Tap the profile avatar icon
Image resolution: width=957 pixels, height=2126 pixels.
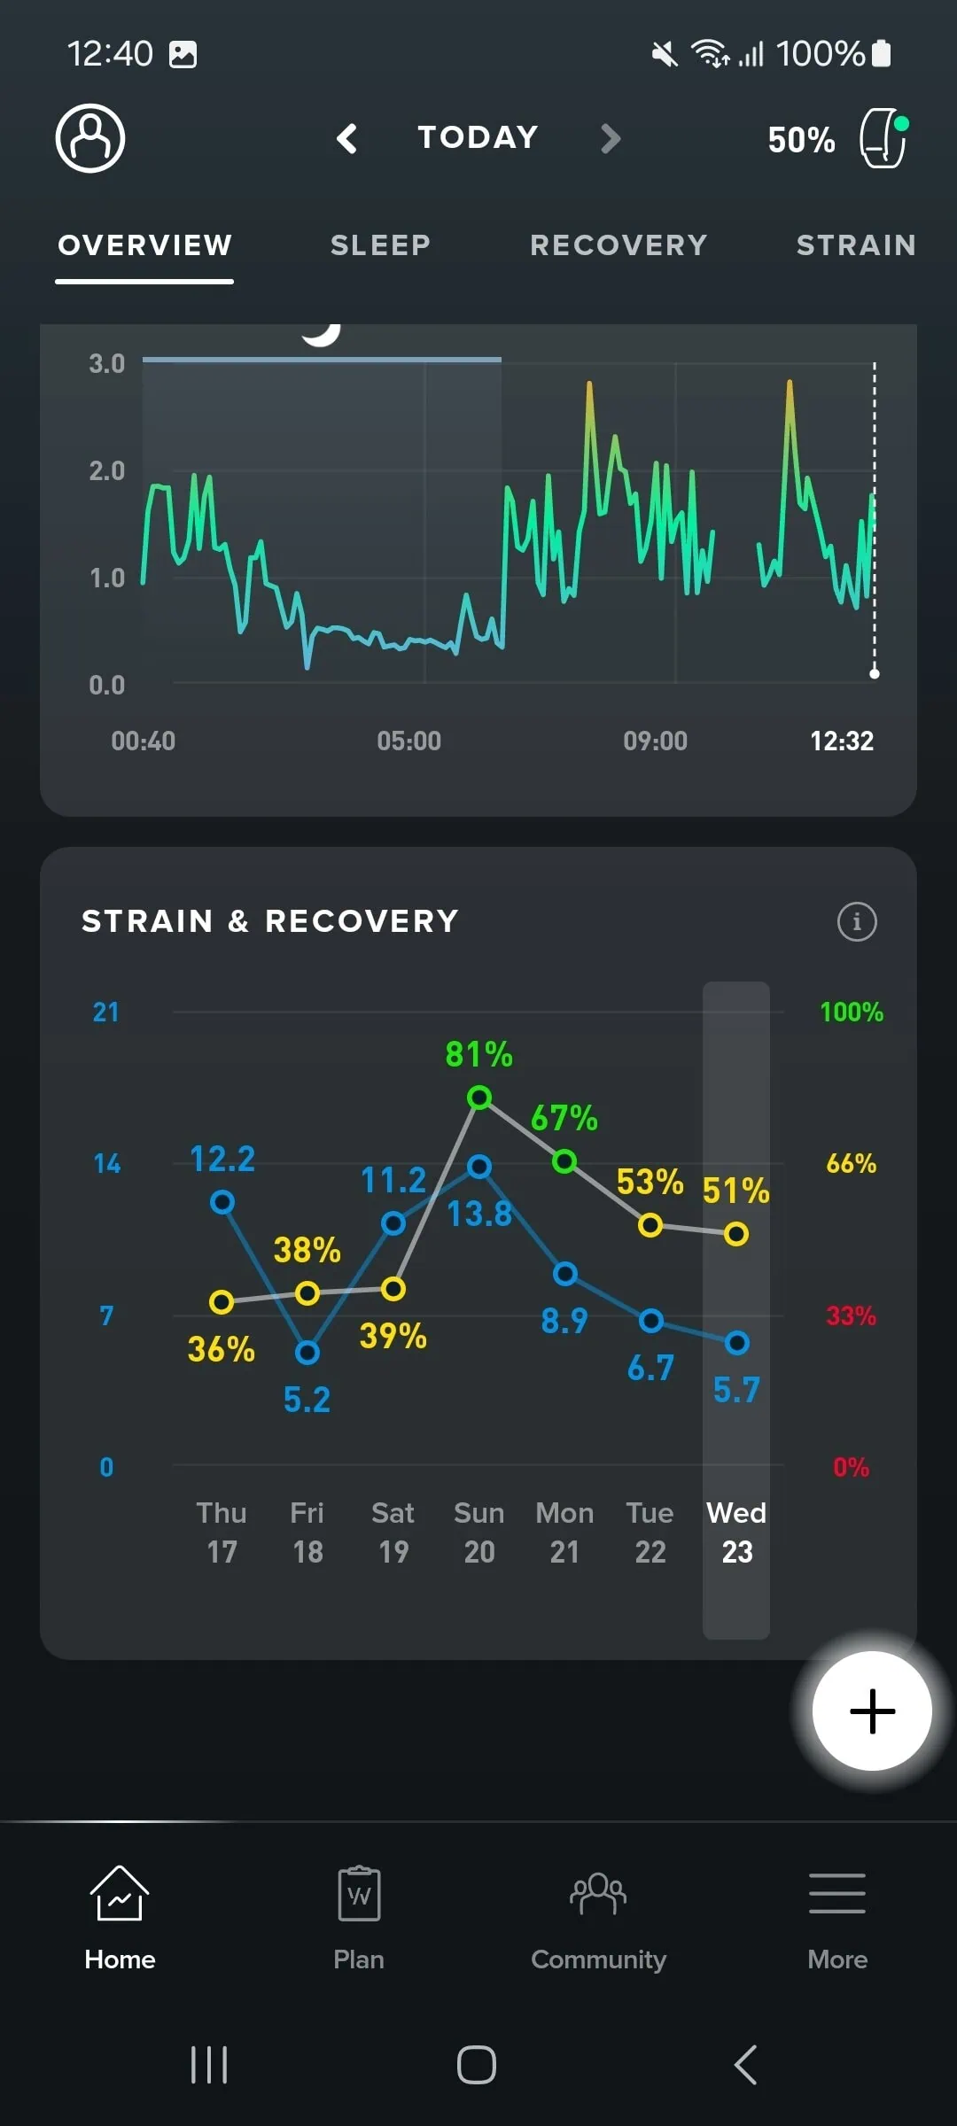(x=90, y=138)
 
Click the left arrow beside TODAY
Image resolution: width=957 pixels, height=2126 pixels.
(x=347, y=138)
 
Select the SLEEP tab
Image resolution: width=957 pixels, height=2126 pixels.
(x=380, y=245)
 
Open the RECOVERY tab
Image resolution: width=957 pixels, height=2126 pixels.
(x=619, y=245)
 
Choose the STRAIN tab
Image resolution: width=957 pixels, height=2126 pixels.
(x=856, y=245)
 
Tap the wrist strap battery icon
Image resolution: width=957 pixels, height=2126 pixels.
(x=883, y=138)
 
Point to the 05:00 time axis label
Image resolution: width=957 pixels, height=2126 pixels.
(x=408, y=741)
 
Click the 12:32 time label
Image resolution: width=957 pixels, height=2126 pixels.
(x=842, y=741)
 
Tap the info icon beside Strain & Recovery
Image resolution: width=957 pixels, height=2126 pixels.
(x=857, y=921)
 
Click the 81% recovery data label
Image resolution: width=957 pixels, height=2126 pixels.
(x=478, y=1054)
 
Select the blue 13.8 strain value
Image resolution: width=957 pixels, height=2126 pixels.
(x=478, y=1214)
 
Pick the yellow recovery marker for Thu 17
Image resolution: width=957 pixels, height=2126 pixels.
(x=222, y=1301)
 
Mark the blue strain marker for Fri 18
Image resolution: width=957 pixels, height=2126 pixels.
(x=307, y=1353)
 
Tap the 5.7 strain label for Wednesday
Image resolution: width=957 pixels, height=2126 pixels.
(x=736, y=1390)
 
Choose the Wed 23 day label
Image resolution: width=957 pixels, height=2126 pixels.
(x=736, y=1532)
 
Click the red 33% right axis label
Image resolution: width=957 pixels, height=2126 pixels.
(x=851, y=1315)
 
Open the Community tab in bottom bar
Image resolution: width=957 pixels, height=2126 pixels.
(x=598, y=1918)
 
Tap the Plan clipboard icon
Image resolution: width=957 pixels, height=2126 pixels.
(x=359, y=1894)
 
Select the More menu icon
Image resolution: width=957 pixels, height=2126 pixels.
(x=837, y=1894)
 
